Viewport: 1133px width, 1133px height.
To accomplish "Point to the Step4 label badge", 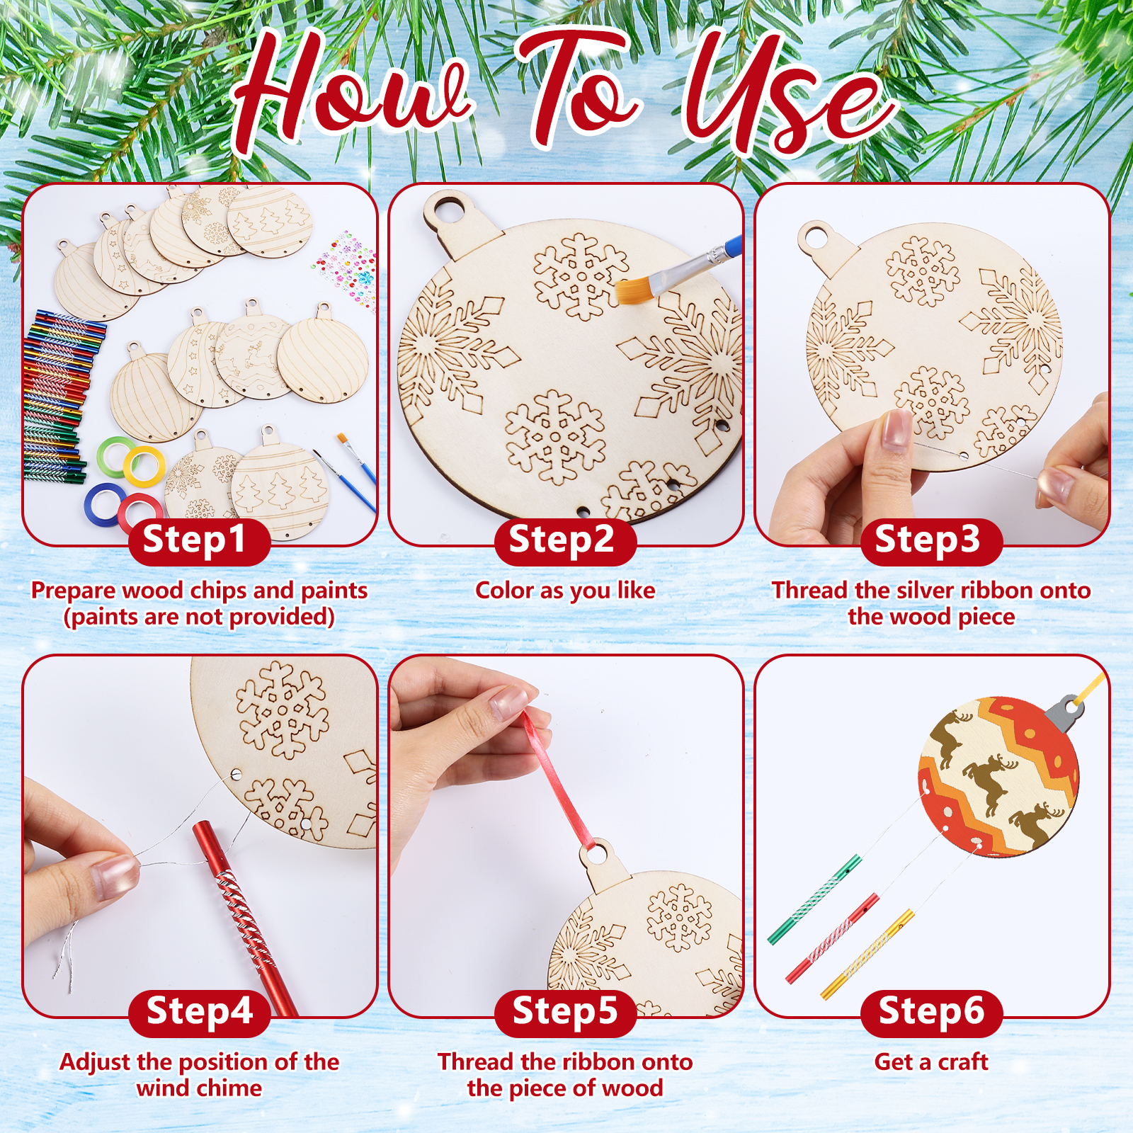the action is [x=199, y=1013].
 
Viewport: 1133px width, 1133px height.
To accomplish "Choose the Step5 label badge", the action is [x=565, y=1013].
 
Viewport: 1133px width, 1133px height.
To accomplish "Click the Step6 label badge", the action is [x=931, y=1013].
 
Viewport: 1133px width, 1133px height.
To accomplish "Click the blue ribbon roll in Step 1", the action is [x=105, y=501].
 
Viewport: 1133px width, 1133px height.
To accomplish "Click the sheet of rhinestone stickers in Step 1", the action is [x=345, y=263].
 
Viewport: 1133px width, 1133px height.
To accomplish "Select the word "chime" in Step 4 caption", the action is [x=228, y=1088].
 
